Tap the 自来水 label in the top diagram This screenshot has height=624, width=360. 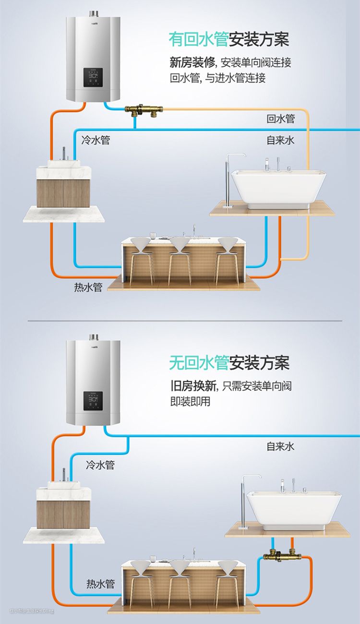click(281, 140)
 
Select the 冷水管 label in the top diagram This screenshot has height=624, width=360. click(96, 140)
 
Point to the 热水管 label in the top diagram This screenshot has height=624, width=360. click(88, 288)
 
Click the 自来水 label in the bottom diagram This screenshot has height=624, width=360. click(281, 446)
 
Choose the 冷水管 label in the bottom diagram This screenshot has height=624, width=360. click(100, 465)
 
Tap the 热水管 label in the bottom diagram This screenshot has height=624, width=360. click(100, 584)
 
